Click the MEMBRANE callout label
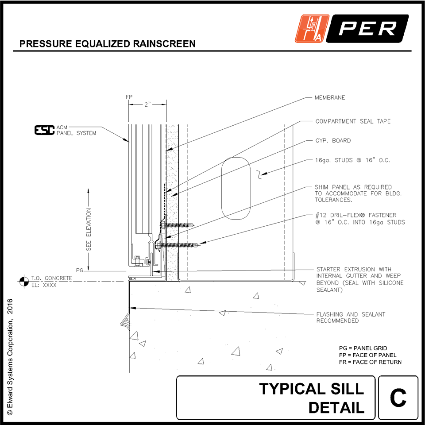pyautogui.click(x=329, y=97)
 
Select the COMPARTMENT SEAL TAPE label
pyautogui.click(x=353, y=121)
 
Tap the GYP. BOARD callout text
pyautogui.click(x=332, y=141)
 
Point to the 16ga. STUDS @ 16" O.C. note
pyautogui.click(x=352, y=161)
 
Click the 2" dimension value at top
pyautogui.click(x=147, y=105)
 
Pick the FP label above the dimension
pyautogui.click(x=129, y=96)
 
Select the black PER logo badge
pyautogui.click(x=368, y=29)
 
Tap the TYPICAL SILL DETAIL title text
pyautogui.click(x=312, y=398)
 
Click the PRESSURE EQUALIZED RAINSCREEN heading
pyautogui.click(x=108, y=44)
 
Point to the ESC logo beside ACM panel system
pyautogui.click(x=44, y=130)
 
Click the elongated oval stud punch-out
pyautogui.click(x=236, y=188)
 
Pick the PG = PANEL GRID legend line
pyautogui.click(x=363, y=348)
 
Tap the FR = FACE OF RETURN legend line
pyautogui.click(x=370, y=362)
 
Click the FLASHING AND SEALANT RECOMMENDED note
pyautogui.click(x=351, y=317)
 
